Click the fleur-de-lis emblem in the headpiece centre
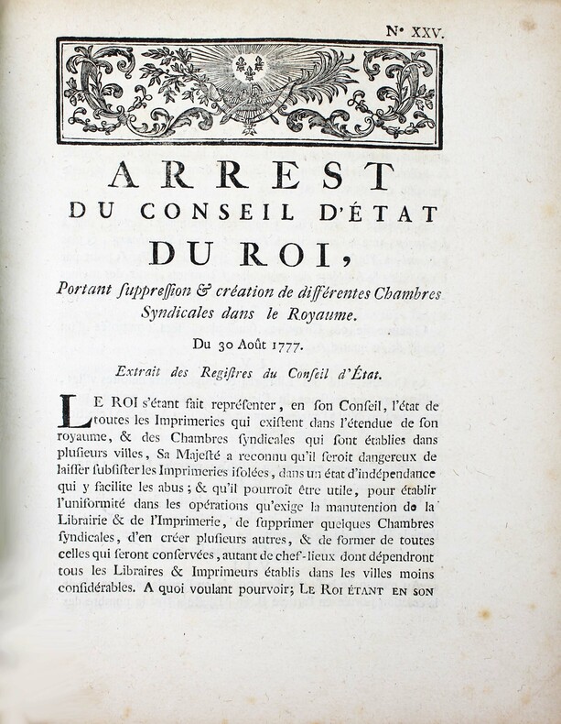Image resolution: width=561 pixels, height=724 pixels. pyautogui.click(x=248, y=67)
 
